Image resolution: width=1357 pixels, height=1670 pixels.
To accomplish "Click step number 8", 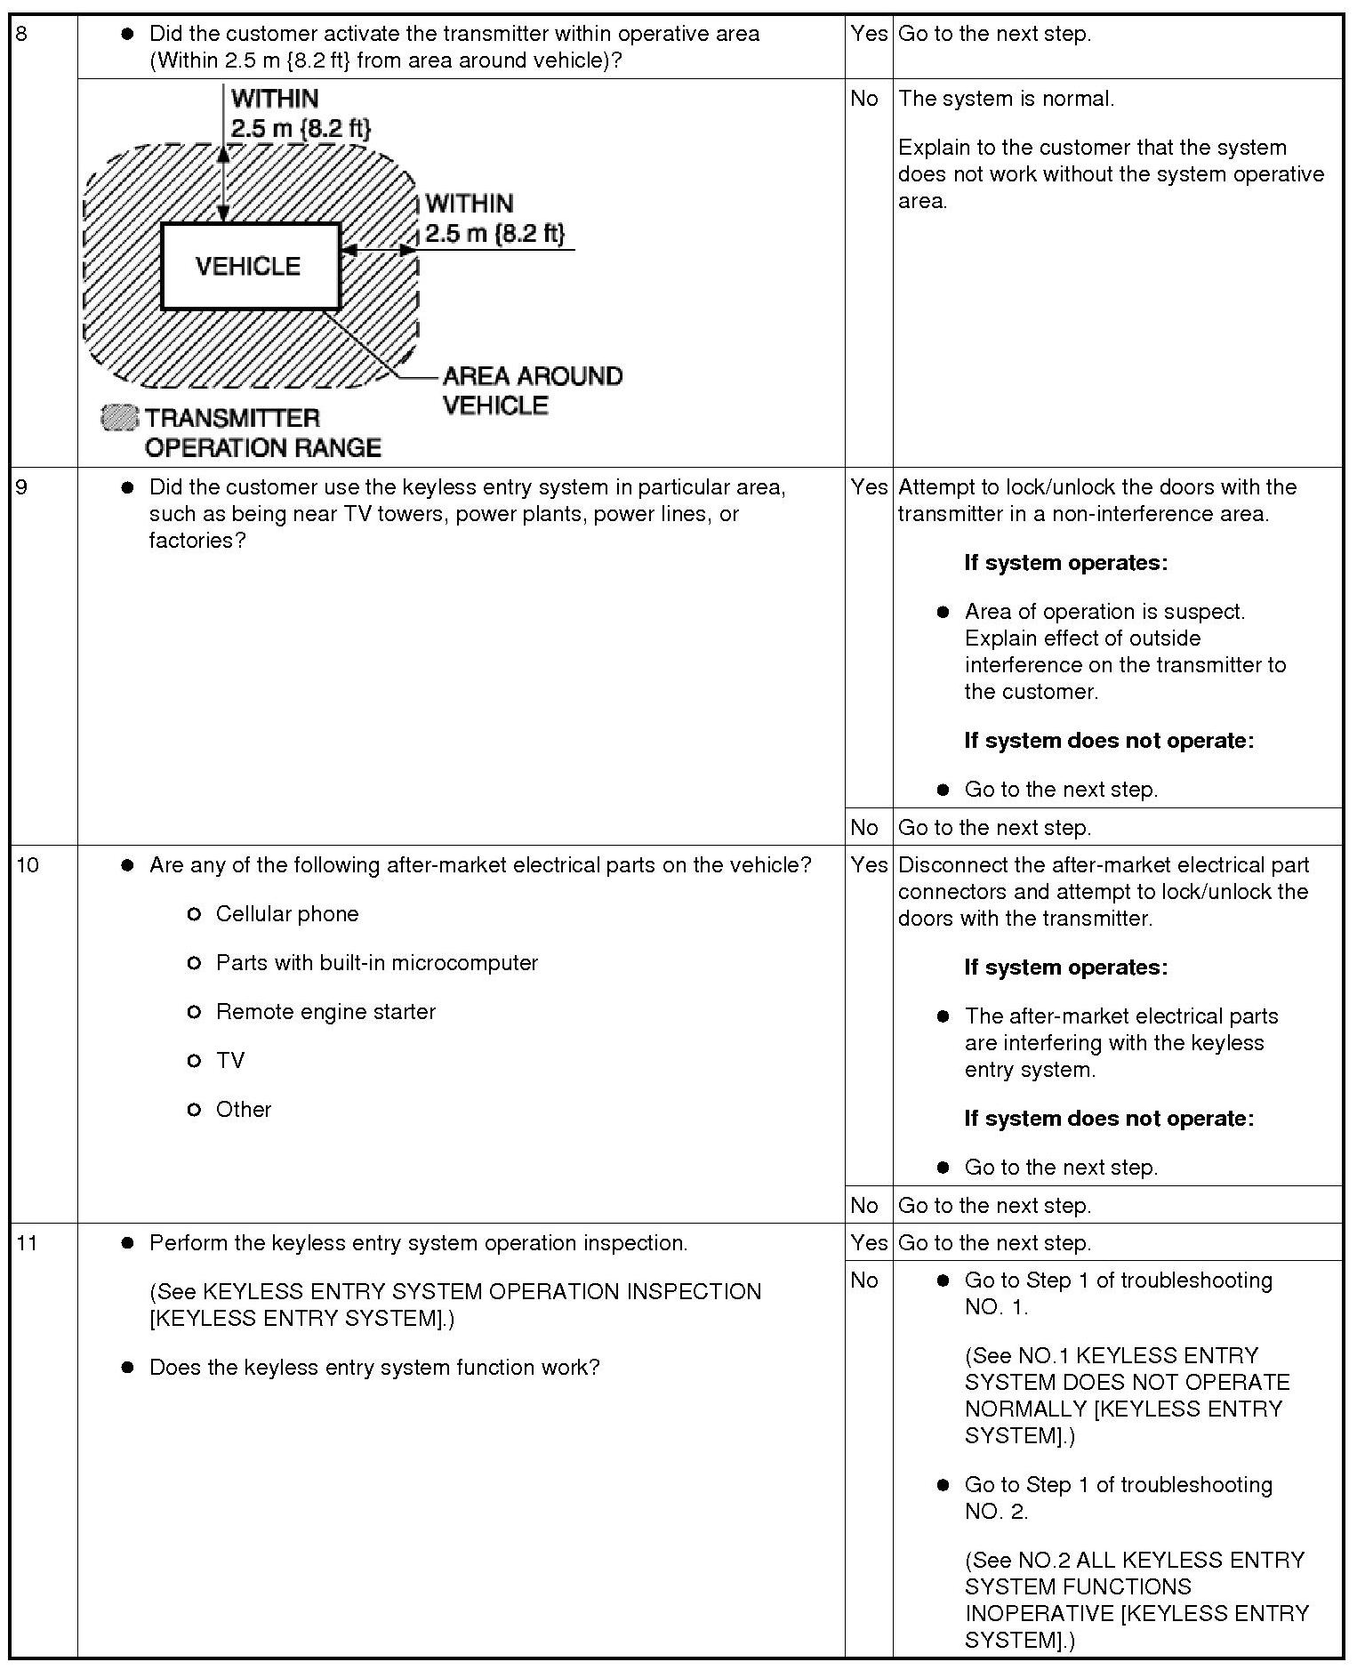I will click(x=22, y=34).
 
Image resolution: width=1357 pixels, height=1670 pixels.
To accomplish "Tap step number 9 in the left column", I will click(x=22, y=487).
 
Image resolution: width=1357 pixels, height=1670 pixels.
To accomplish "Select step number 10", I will click(x=28, y=865).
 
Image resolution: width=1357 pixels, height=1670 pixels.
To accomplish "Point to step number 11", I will click(x=28, y=1243).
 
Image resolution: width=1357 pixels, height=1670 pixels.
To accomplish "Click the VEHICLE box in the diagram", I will click(x=250, y=266).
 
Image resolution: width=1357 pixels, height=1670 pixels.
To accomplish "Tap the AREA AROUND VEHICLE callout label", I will click(x=532, y=390).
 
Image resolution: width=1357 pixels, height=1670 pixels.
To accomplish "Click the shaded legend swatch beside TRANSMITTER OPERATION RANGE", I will click(x=120, y=418).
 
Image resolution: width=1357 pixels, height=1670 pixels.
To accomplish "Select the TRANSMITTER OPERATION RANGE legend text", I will click(x=262, y=433).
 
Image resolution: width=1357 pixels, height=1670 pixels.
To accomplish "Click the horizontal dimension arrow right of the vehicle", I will click(x=379, y=251).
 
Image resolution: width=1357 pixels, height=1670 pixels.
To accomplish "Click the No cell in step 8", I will click(x=864, y=99).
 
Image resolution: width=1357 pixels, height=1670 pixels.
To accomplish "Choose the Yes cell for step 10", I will click(x=868, y=865).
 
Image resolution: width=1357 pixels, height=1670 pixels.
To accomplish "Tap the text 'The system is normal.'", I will click(x=1006, y=99).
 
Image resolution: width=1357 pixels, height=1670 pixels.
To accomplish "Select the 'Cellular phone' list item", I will click(x=286, y=914).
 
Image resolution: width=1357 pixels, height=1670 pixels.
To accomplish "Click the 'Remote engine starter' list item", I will click(x=325, y=1012).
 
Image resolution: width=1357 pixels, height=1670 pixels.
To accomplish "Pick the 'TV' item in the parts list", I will click(x=229, y=1061).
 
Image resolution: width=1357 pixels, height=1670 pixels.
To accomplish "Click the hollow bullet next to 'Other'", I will click(x=195, y=1110).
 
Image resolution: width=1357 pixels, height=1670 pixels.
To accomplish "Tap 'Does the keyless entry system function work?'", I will click(x=374, y=1368).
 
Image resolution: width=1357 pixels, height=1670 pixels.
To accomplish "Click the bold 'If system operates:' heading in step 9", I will click(x=1065, y=563).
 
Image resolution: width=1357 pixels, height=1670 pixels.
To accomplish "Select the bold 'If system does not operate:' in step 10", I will click(x=1109, y=1119).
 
